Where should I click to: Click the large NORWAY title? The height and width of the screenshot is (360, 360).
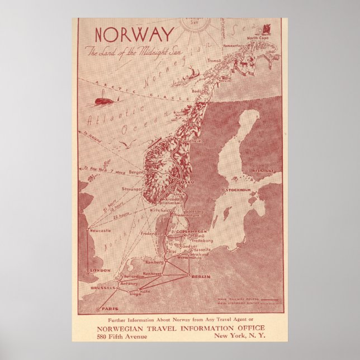coord(134,34)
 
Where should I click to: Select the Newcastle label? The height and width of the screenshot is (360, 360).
coord(100,230)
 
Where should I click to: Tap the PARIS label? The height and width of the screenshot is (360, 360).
coord(108,309)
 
